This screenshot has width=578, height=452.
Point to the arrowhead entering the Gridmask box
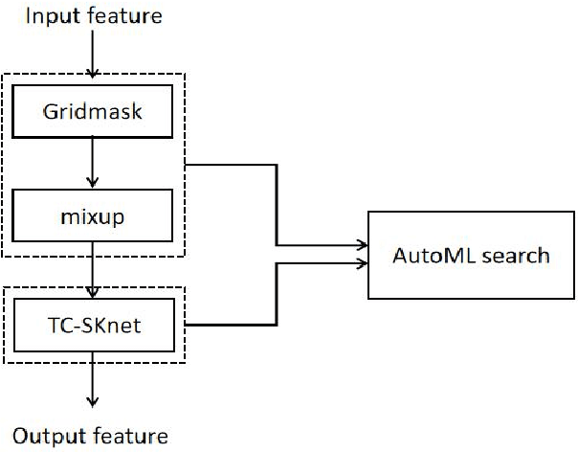(91, 70)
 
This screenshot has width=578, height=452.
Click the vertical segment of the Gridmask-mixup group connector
(277, 204)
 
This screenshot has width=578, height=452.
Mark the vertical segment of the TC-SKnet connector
(277, 295)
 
